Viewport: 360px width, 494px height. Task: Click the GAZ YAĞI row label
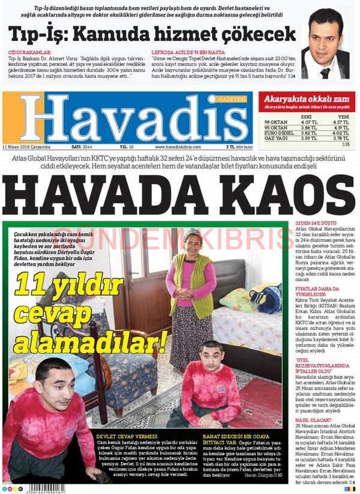(276, 138)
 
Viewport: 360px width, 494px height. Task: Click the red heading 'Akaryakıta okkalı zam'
(306, 99)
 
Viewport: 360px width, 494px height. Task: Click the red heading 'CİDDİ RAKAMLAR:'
(30, 52)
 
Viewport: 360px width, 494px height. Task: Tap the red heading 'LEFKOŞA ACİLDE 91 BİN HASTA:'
(188, 52)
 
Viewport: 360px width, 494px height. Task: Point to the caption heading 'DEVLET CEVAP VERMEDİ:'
(128, 436)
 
